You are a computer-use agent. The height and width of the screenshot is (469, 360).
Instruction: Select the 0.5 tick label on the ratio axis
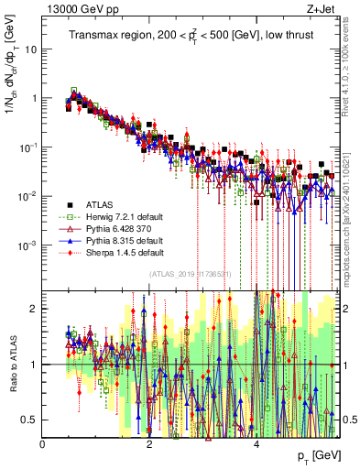point(27,420)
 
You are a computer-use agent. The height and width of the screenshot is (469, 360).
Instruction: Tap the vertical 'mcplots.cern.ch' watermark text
point(352,228)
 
